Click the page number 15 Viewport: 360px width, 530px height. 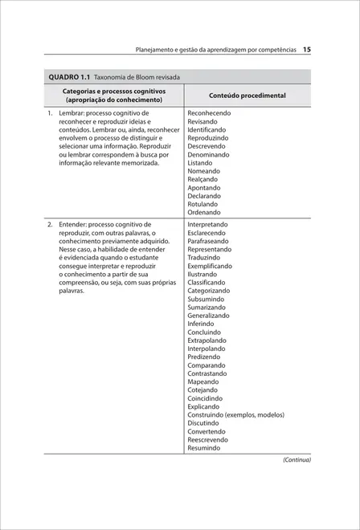tap(307, 49)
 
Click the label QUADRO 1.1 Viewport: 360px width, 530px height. tap(68, 77)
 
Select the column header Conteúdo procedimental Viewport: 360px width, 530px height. tap(247, 96)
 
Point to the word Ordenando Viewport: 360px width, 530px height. tap(204, 212)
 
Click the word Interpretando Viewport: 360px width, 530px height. tap(207, 225)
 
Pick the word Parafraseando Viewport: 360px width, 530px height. tap(209, 241)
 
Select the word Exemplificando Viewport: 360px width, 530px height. tap(211, 266)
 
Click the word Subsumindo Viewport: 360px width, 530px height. tap(205, 299)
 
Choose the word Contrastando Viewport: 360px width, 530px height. tap(207, 373)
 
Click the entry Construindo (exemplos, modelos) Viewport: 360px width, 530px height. tap(235, 415)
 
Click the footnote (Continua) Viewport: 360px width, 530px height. tap(296, 460)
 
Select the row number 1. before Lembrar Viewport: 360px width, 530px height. tap(50, 113)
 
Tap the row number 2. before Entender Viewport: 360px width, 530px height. tap(50, 225)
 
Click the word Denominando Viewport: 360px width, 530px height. tap(208, 154)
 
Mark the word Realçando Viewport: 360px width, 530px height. tap(203, 179)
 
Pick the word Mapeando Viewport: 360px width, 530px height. tap(202, 381)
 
